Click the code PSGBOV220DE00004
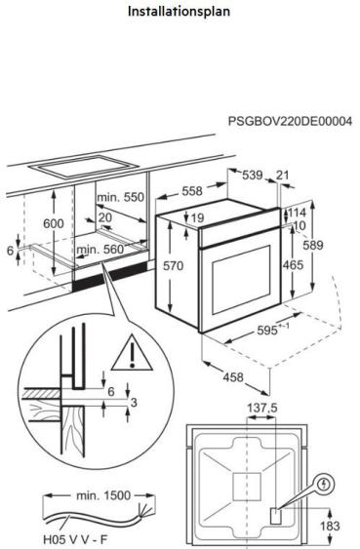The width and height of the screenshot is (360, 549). pyautogui.click(x=290, y=122)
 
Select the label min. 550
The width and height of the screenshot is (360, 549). pyautogui.click(x=120, y=197)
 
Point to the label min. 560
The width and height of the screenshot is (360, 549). pyautogui.click(x=101, y=251)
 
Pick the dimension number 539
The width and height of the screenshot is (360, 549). pyautogui.click(x=253, y=176)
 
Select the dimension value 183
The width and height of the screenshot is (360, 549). pyautogui.click(x=332, y=528)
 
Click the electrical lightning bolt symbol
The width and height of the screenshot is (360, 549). pyautogui.click(x=325, y=482)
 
